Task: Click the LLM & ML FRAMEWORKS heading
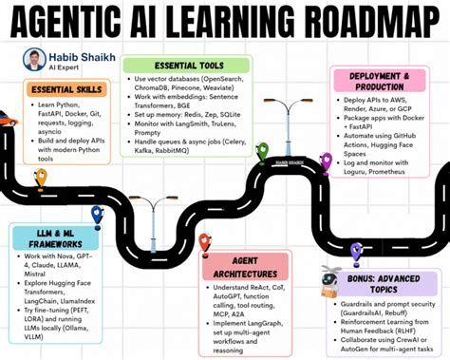point(51,238)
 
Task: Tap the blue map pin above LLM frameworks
point(96,215)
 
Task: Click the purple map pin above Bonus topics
point(356,251)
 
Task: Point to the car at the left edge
point(8,120)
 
